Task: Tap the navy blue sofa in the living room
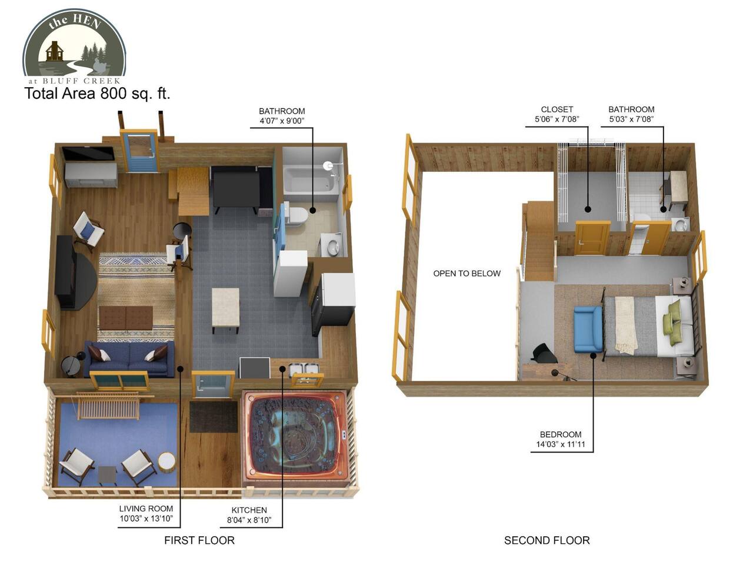(129, 359)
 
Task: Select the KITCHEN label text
(249, 510)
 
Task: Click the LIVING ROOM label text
(146, 508)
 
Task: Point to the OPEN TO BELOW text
(467, 274)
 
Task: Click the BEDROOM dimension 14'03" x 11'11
(561, 444)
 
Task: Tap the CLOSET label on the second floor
(557, 109)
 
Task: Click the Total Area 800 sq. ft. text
(97, 94)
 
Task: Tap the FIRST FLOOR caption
(199, 540)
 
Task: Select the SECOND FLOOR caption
(547, 540)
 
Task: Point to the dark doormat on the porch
(214, 417)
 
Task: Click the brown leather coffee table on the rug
(126, 318)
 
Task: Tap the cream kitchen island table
(225, 308)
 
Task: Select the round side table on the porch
(166, 461)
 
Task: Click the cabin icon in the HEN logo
(53, 51)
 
